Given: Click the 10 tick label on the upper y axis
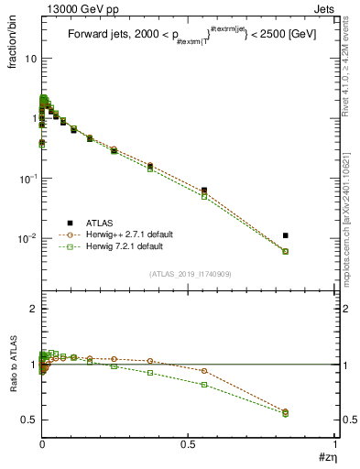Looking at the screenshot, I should coord(30,58).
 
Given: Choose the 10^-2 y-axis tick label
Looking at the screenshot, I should coord(27,238).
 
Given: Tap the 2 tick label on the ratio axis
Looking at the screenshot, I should coord(33,310).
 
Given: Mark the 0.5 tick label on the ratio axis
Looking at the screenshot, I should coord(28,420).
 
